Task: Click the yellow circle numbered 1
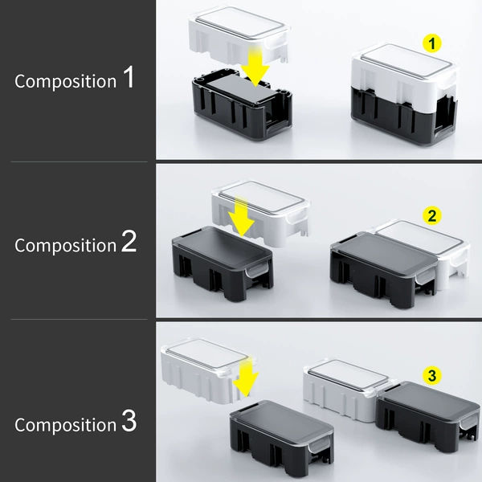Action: [432, 43]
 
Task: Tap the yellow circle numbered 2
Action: [432, 216]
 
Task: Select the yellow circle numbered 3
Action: [432, 376]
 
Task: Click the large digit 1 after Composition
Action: [129, 77]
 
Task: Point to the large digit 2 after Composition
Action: [129, 241]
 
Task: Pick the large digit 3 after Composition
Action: [129, 420]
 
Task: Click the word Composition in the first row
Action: [66, 82]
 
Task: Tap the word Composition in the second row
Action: [66, 246]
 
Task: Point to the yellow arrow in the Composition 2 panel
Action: [241, 217]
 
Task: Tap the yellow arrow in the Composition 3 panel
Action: [245, 378]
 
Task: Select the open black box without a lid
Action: [242, 104]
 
